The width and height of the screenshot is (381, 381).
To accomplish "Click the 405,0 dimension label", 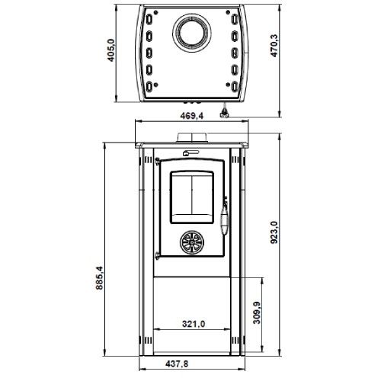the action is click(x=111, y=50).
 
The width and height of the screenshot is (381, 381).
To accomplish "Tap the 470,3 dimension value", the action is click(x=274, y=46).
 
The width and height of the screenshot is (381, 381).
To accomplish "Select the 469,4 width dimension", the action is click(x=192, y=116).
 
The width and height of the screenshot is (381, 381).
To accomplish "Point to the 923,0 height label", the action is click(x=274, y=232).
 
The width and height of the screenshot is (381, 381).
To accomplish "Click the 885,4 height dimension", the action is click(x=99, y=277).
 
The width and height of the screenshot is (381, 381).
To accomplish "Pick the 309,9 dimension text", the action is click(x=257, y=312).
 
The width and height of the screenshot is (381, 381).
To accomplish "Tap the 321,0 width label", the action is click(x=194, y=324).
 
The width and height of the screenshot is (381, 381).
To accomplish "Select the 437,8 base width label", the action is click(x=177, y=364).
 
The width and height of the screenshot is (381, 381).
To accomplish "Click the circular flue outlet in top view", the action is click(x=192, y=33).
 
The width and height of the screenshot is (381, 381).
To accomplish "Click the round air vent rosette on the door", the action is click(x=192, y=242).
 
